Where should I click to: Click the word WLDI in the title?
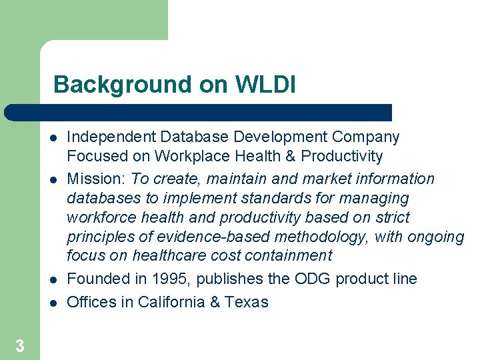265,85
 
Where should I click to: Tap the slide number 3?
20,346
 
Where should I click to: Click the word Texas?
247,302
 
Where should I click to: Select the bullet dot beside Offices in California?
51,303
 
